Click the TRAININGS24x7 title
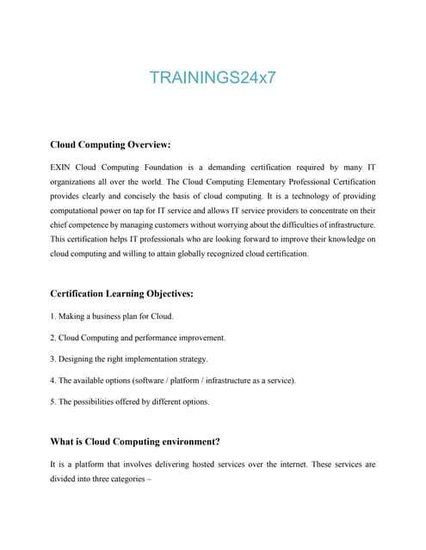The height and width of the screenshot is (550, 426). tap(213, 76)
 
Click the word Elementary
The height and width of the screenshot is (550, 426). tap(256, 183)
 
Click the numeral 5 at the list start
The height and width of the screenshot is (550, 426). tap(52, 400)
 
